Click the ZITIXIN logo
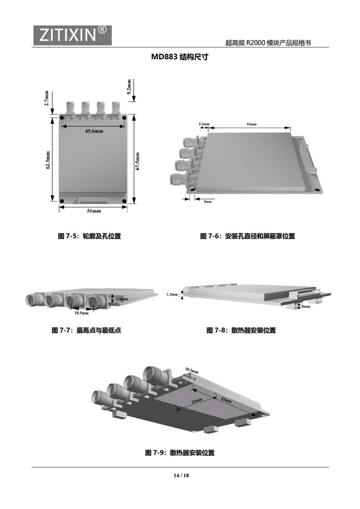coord(72,35)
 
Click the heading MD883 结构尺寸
coord(180,57)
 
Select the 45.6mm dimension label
coord(94,131)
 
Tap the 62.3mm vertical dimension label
coord(48,160)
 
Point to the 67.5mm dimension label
coord(137,161)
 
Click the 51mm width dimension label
coord(94,211)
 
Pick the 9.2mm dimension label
coord(129,87)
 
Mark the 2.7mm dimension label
coord(46,98)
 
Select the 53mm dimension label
coord(252,125)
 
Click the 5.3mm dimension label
coord(204,124)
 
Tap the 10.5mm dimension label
coord(81,313)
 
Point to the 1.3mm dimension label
coord(172,295)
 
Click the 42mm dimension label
coord(226,399)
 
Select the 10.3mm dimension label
coord(192,371)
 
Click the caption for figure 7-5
coord(90,236)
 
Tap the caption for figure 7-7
coord(86,330)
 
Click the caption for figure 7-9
coord(180,453)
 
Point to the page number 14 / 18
coord(181,476)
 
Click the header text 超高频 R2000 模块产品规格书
coord(268,43)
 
